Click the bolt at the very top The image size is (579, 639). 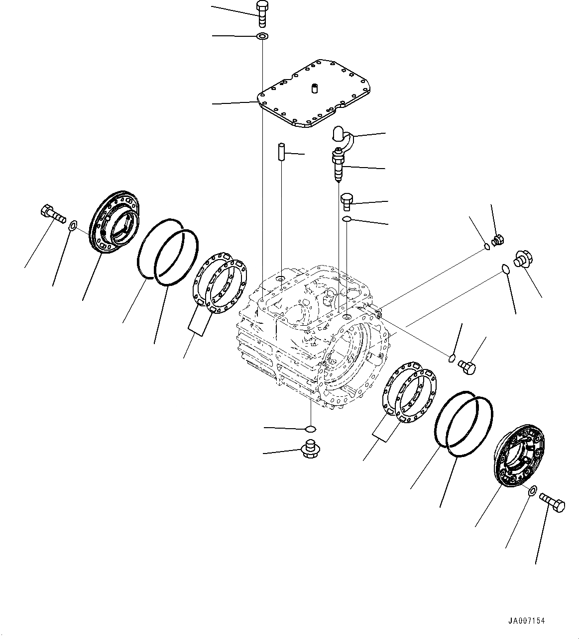coord(262,13)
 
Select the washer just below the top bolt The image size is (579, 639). coord(262,36)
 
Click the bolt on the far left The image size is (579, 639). coord(51,215)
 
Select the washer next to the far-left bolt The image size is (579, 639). coord(72,226)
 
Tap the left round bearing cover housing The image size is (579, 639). coord(114,222)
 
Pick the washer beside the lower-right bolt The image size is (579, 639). coord(531,491)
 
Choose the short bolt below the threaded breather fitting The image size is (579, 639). coord(347,201)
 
